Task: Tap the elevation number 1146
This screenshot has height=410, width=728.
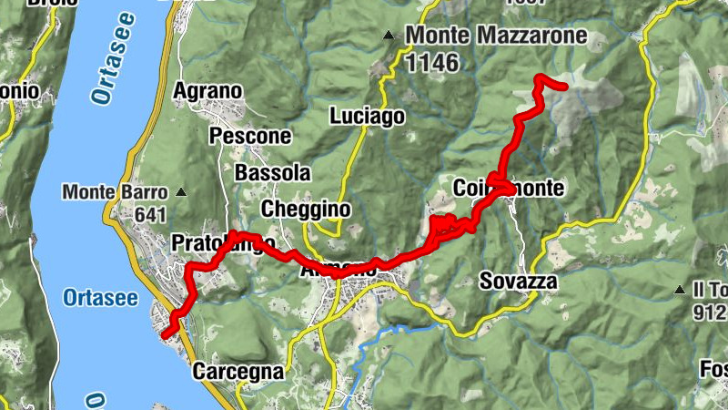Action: point(435,62)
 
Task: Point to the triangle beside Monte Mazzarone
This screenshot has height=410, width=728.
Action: point(389,36)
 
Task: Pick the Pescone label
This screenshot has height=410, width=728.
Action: point(250,136)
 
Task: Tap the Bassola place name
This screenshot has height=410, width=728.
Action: point(272,172)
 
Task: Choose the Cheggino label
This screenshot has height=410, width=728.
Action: point(306,209)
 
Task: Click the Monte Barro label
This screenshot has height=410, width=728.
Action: point(116,192)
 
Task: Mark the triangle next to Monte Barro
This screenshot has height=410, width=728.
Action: point(181,192)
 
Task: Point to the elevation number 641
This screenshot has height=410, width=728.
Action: point(148,215)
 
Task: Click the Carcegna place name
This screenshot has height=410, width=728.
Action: point(238,372)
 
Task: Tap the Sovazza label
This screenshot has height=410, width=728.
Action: point(518,281)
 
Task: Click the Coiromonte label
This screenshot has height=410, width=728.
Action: point(509,188)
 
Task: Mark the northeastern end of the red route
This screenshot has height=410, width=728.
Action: point(565,87)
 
